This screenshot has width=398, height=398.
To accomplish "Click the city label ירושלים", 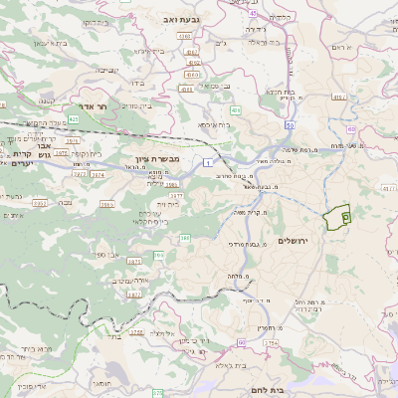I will pyautogui.click(x=294, y=241).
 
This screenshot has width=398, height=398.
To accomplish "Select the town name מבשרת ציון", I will pyautogui.click(x=155, y=158).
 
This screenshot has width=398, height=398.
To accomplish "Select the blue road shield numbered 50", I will pyautogui.click(x=290, y=126).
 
